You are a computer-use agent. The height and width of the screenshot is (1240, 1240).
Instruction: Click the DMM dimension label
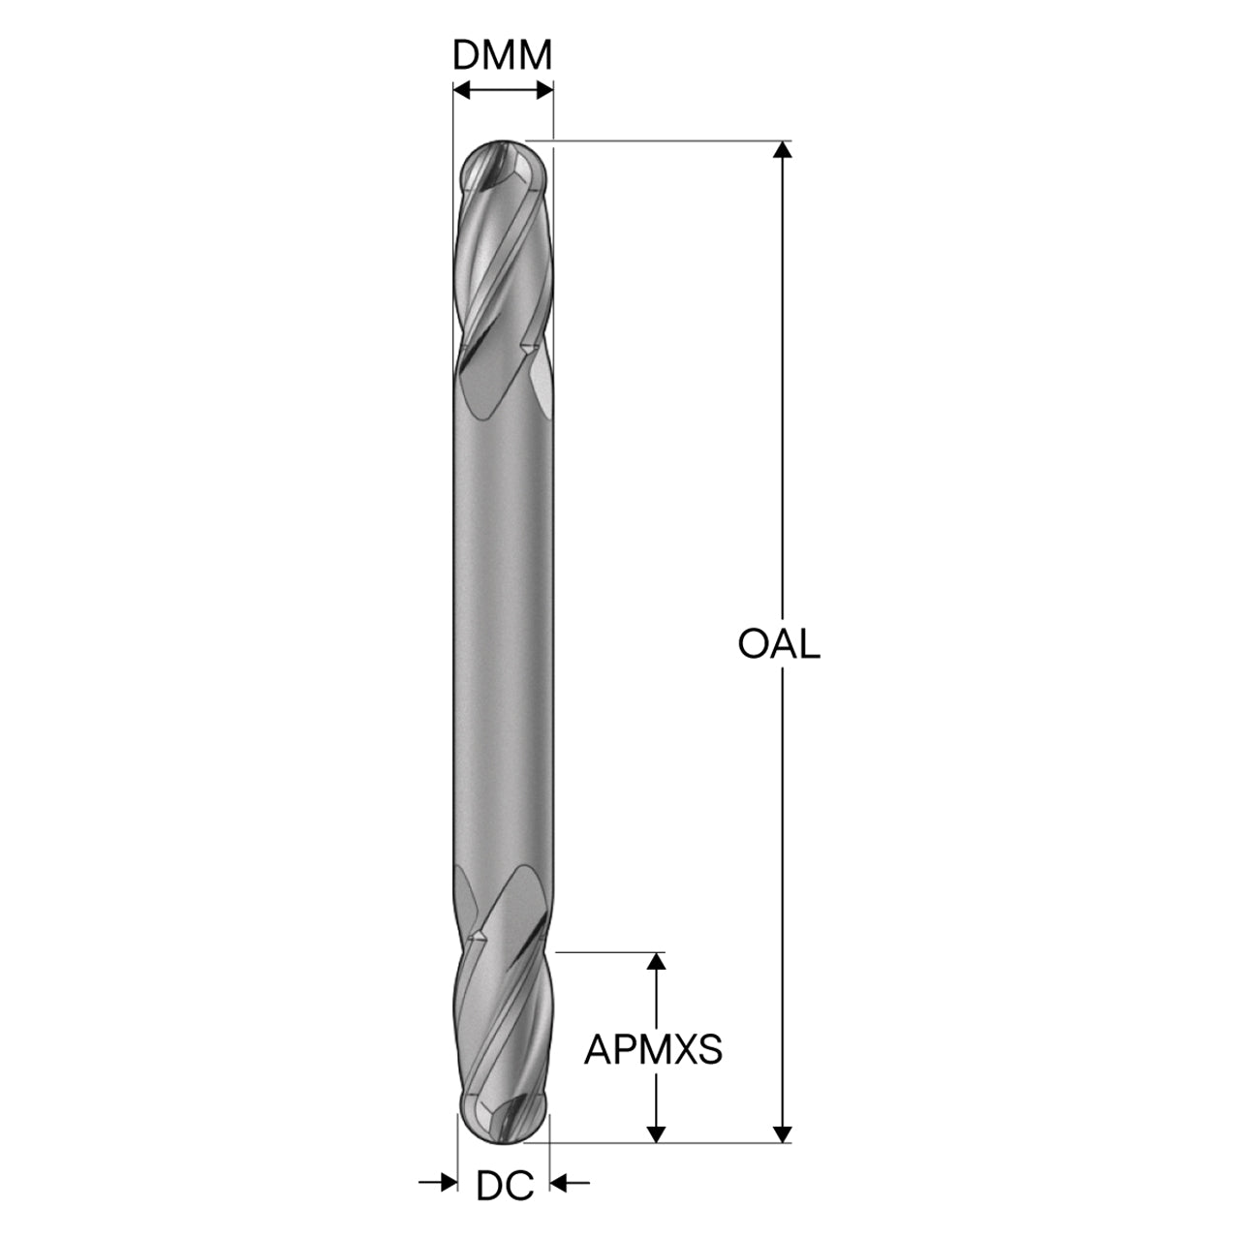(x=502, y=56)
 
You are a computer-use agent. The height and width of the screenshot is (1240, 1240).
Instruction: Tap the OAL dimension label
(x=779, y=644)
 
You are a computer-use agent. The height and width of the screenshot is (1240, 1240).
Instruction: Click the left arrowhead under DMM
(x=462, y=91)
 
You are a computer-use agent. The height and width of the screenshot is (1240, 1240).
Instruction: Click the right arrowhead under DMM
(x=544, y=91)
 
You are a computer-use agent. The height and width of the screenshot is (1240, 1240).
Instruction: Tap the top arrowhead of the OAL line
(x=782, y=149)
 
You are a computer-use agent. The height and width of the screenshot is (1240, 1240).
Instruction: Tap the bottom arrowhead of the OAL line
(x=782, y=1133)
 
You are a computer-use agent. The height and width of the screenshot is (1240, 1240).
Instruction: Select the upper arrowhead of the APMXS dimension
(x=656, y=961)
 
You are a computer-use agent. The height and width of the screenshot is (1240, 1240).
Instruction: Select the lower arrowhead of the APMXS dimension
(x=656, y=1133)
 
